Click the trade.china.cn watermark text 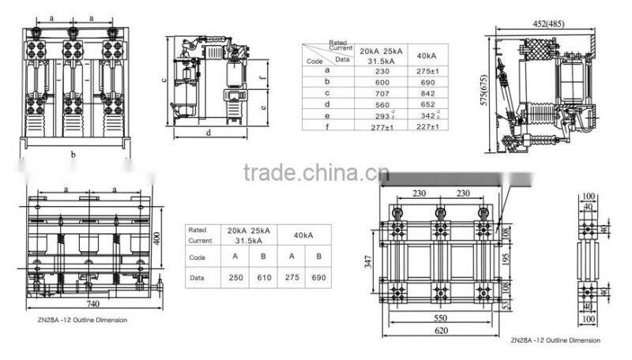click(315, 173)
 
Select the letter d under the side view click(209, 134)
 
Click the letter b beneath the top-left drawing click(73, 155)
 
